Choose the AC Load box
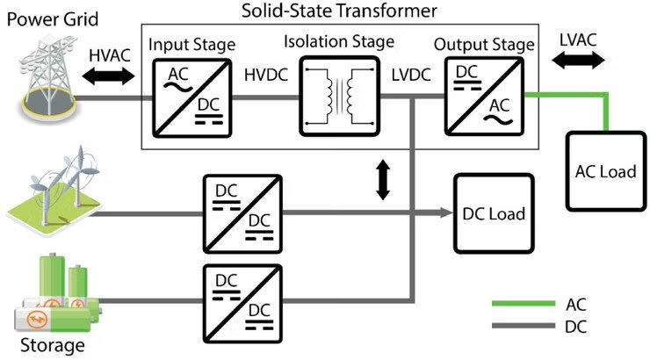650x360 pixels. click(604, 171)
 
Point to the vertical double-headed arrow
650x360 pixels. click(383, 180)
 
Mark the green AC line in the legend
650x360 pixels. click(516, 305)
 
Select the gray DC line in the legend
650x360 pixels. click(516, 328)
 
